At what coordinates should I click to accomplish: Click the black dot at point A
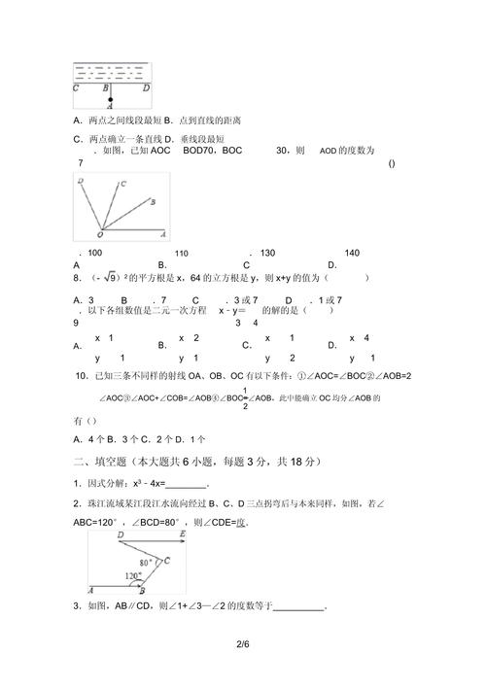(x=112, y=99)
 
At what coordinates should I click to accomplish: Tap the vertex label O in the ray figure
(x=100, y=235)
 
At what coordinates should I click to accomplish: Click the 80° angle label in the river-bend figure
(x=146, y=562)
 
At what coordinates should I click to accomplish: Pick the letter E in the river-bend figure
(x=168, y=559)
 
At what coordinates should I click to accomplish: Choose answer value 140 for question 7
(x=352, y=253)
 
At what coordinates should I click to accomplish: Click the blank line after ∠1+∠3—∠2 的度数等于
(x=299, y=608)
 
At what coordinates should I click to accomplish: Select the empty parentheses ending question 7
(x=391, y=163)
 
